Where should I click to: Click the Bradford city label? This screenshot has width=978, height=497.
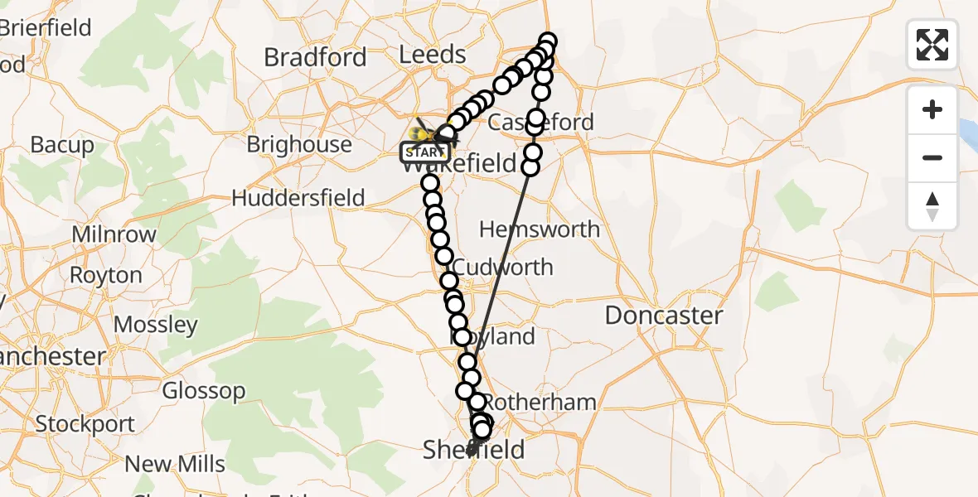315,57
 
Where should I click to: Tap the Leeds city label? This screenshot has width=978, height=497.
432,55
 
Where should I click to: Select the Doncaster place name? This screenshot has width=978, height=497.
664,315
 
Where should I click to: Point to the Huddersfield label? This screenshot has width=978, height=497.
298,198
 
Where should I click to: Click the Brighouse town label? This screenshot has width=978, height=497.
299,144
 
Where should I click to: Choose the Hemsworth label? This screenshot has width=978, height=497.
539,229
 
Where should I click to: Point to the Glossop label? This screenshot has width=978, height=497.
204,390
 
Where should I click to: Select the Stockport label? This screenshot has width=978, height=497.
85,424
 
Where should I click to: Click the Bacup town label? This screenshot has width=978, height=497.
62,144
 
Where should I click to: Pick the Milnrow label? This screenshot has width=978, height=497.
114,234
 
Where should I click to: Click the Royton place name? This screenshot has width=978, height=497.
105,274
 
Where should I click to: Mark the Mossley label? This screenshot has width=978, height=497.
156,324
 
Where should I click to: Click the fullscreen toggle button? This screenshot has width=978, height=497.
932,45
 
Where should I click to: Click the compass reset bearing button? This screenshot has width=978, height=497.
932,206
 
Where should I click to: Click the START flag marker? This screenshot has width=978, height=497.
426,152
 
